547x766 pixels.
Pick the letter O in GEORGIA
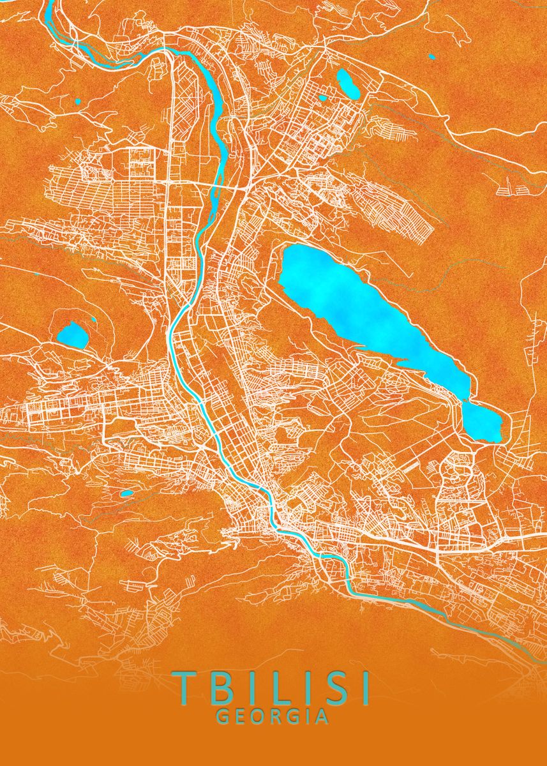tap(260, 717)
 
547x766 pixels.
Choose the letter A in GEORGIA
tap(322, 717)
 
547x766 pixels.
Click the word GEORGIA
tap(273, 717)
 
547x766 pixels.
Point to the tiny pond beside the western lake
tap(94, 319)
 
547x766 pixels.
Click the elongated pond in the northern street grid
tap(348, 83)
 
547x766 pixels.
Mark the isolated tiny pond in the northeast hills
tap(432, 57)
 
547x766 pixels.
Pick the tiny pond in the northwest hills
tap(78, 101)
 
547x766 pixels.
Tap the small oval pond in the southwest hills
tap(127, 493)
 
